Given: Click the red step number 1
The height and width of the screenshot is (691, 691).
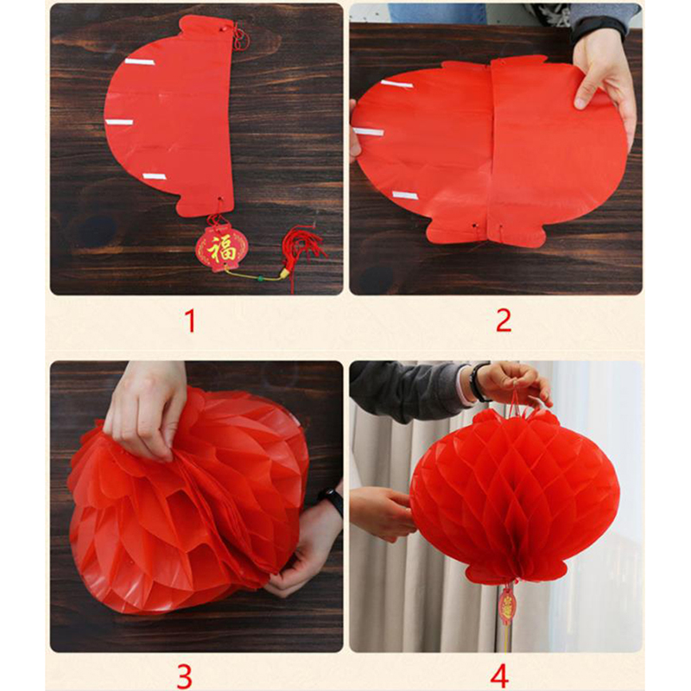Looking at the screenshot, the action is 190,320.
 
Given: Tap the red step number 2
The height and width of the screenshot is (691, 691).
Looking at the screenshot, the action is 504,320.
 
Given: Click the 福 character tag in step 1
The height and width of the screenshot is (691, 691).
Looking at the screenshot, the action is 222,248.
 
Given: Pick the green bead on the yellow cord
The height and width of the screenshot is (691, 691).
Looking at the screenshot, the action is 261,278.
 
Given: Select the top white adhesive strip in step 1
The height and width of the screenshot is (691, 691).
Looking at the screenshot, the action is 139,61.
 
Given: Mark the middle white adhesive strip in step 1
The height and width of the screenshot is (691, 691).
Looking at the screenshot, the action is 119,122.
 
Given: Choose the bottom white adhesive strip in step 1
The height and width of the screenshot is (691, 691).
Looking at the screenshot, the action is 155,176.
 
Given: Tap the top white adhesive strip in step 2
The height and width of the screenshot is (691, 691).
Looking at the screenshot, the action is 396,84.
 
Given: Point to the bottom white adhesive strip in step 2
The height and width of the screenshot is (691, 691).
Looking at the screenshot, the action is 405,195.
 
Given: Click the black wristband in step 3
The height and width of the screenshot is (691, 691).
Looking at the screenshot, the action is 332,501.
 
